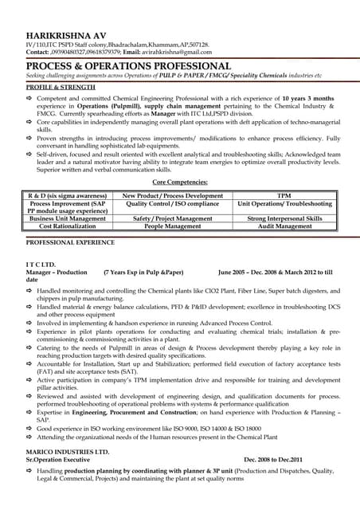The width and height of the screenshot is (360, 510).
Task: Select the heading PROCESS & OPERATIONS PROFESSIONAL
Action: click(128, 65)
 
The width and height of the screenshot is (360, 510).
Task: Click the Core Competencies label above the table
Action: click(181, 182)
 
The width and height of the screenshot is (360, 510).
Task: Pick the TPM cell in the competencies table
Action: click(284, 195)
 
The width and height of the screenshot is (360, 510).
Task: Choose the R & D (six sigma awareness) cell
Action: click(67, 195)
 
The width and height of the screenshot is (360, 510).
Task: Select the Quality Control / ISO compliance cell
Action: click(173, 204)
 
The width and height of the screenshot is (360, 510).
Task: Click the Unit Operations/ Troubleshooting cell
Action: click(284, 204)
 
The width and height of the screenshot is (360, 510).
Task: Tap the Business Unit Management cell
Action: click(67, 218)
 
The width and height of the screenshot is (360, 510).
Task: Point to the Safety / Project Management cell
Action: click(173, 218)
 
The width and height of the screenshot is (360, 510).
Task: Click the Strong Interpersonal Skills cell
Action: click(284, 218)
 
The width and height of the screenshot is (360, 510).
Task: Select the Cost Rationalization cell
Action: click(67, 226)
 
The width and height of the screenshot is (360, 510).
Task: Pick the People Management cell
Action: click(173, 226)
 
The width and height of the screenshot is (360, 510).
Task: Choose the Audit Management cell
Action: click(284, 226)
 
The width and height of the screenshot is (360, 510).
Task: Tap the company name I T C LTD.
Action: click(41, 264)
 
